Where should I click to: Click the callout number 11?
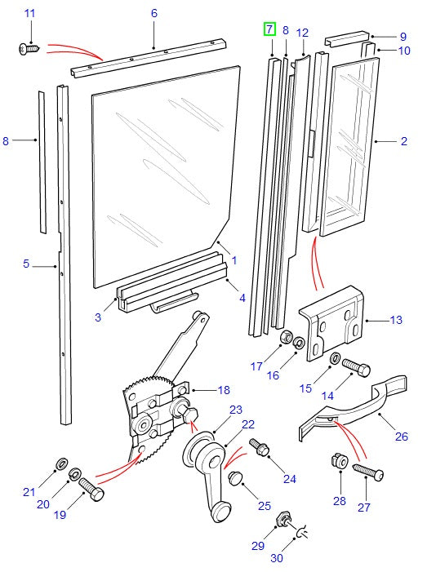(x=30, y=14)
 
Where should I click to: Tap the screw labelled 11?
(x=26, y=49)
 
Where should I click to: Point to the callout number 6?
(x=154, y=14)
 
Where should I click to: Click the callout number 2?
(x=403, y=141)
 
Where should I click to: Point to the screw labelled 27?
(x=368, y=472)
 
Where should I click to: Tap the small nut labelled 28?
(x=336, y=462)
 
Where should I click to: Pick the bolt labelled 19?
(x=91, y=491)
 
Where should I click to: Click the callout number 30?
(x=276, y=558)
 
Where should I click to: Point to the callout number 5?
(x=26, y=264)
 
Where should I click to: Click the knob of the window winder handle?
(x=221, y=512)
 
